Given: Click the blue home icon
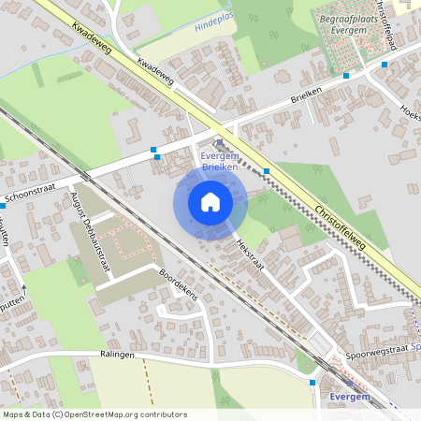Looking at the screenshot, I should [x=210, y=201].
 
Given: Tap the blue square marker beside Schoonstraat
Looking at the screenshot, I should [x=154, y=150].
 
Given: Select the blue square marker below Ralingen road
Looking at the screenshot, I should [x=312, y=382].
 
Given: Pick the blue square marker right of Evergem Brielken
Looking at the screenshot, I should [x=267, y=171].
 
